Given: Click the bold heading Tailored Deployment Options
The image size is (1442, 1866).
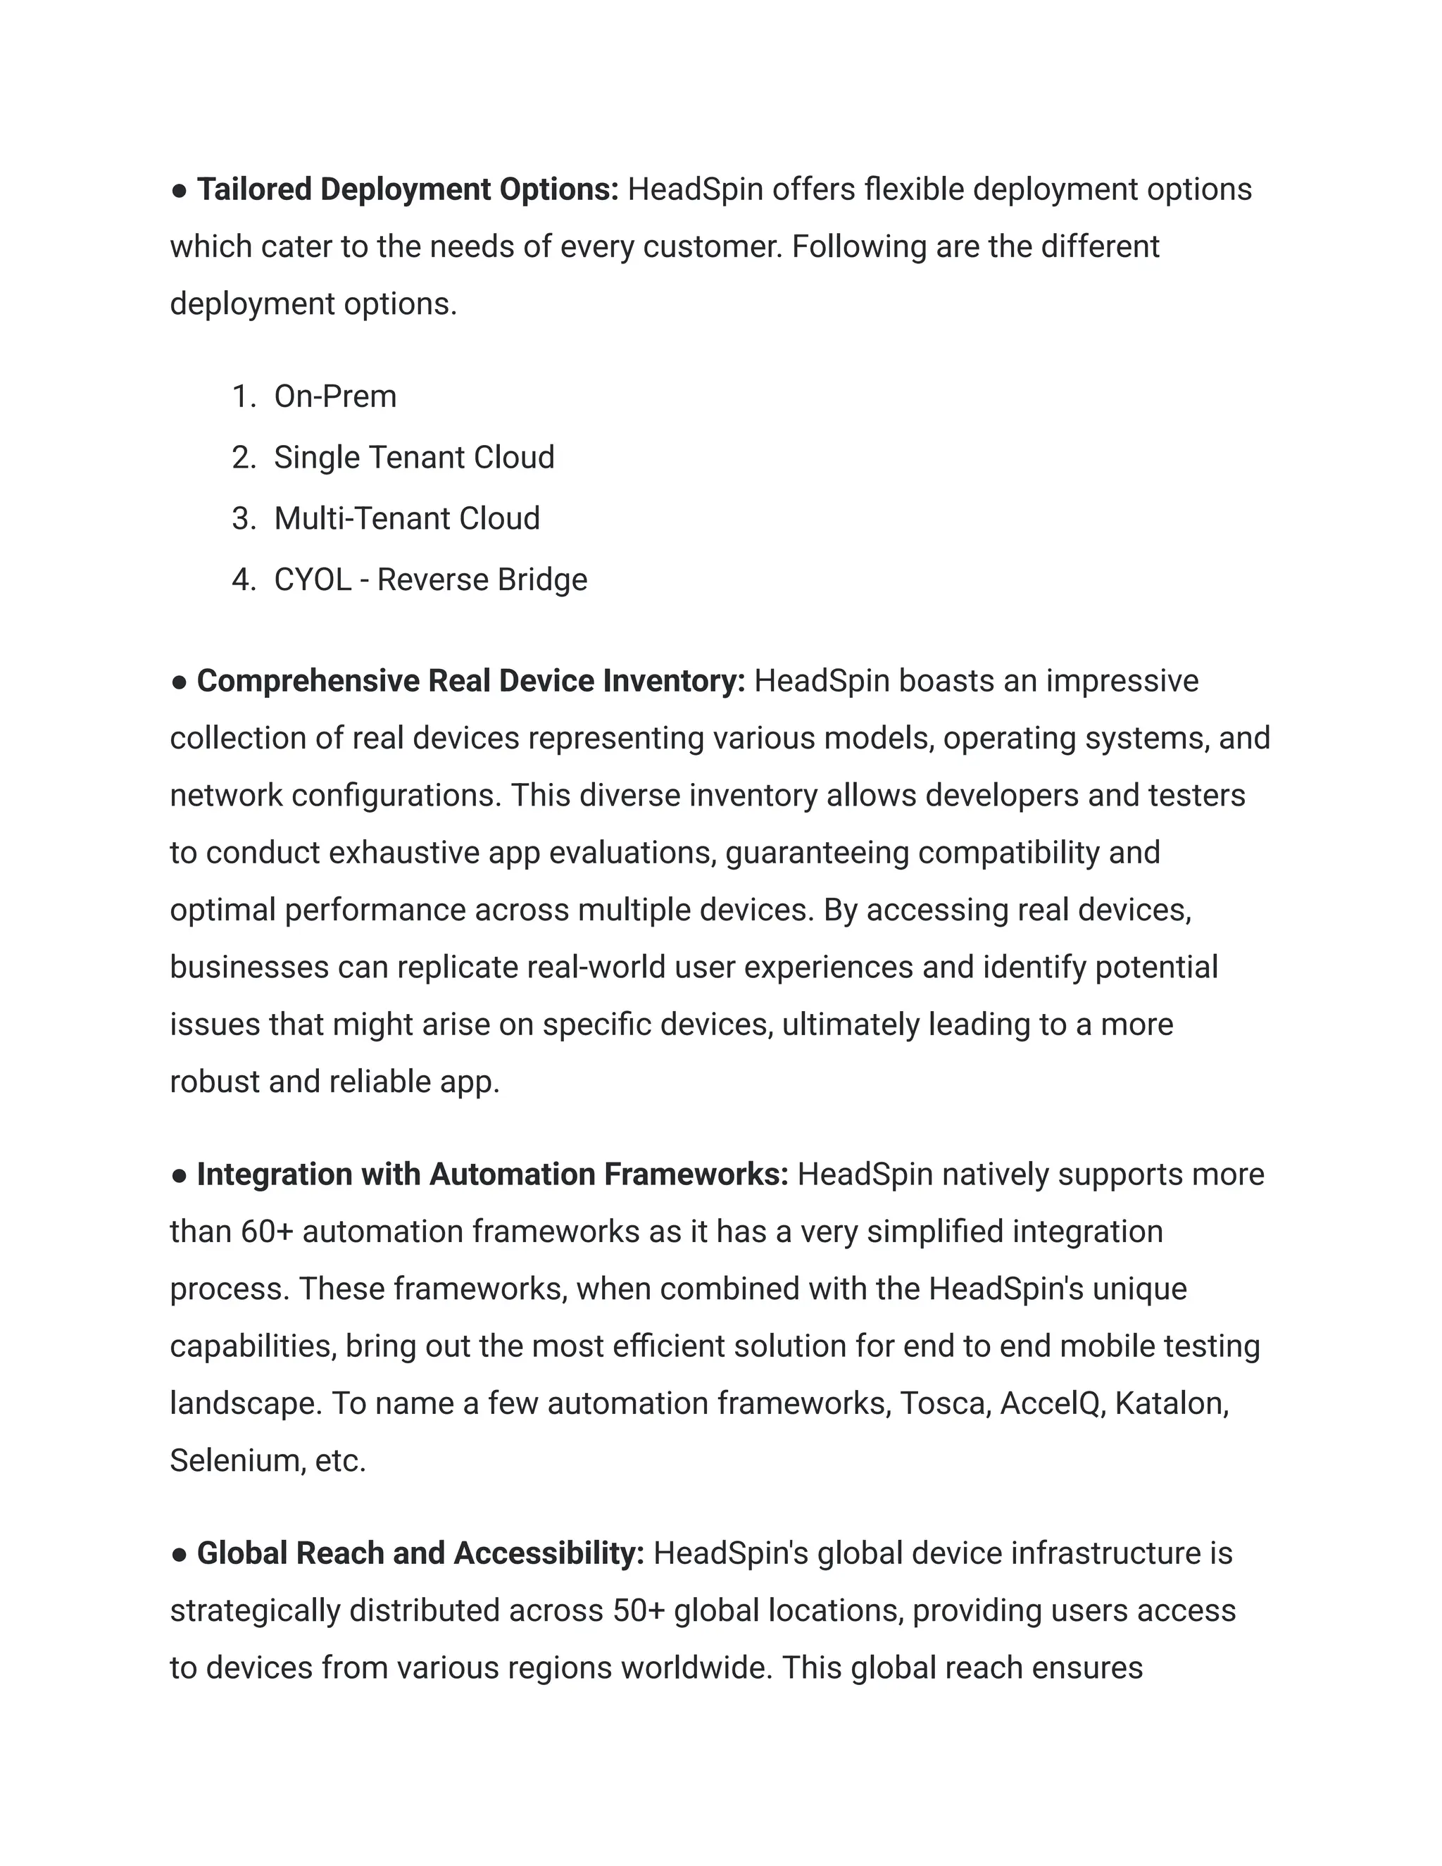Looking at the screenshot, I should (408, 189).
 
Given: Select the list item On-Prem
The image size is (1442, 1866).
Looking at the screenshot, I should (335, 396).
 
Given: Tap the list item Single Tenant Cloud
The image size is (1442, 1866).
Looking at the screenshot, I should (413, 457).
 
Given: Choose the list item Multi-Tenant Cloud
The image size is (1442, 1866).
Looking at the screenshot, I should (407, 519).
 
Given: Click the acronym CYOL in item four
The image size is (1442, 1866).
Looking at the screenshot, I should (313, 580).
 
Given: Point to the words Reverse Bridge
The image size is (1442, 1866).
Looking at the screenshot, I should (482, 580).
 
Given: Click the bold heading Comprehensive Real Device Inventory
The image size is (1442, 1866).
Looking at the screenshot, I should (471, 681).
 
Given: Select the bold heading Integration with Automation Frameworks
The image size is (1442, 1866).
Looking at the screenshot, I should (492, 1174).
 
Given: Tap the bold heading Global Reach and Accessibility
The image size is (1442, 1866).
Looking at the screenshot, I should (420, 1553).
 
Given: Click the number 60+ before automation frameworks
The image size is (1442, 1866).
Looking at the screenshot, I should (268, 1232).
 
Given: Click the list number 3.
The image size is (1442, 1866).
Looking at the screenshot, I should (243, 519).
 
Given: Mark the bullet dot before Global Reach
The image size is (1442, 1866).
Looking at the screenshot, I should (179, 1554).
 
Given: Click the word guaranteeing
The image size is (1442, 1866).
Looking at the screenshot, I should (817, 853).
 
